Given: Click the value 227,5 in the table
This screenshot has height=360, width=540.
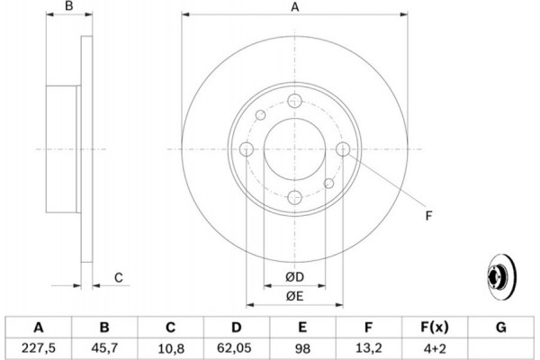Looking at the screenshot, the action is pyautogui.click(x=38, y=348).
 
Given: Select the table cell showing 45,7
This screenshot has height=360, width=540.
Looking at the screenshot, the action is pyautogui.click(x=104, y=348).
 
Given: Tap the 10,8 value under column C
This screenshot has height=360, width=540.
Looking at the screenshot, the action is pyautogui.click(x=171, y=348).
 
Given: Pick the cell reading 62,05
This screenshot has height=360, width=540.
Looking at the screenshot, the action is pyautogui.click(x=237, y=348).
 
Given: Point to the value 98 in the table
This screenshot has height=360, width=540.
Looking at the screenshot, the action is pyautogui.click(x=302, y=348).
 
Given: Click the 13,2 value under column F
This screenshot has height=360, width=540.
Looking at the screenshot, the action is pyautogui.click(x=368, y=348).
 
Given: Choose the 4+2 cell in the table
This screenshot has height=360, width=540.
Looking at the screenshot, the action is pyautogui.click(x=435, y=348).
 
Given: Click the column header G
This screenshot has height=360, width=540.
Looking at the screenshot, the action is pyautogui.click(x=501, y=327).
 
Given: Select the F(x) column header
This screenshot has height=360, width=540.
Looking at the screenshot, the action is pyautogui.click(x=435, y=328).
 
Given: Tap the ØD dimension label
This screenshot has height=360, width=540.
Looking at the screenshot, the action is pyautogui.click(x=294, y=276).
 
